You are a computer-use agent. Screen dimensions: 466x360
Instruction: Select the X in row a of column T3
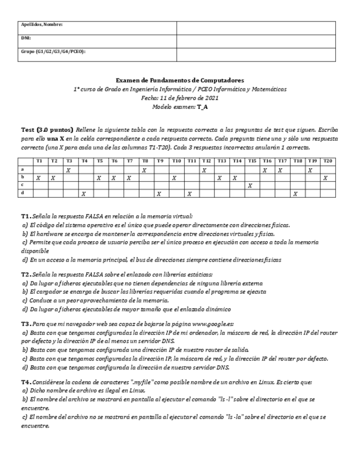click(68, 170)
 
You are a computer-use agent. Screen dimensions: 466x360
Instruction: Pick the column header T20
click(326, 160)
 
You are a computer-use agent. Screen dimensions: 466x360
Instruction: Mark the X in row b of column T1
click(38, 178)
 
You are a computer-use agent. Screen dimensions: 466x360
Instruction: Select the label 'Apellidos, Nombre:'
click(42, 25)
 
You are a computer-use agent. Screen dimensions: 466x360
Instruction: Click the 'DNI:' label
click(26, 38)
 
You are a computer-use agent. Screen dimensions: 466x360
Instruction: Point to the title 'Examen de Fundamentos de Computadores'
click(180, 80)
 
